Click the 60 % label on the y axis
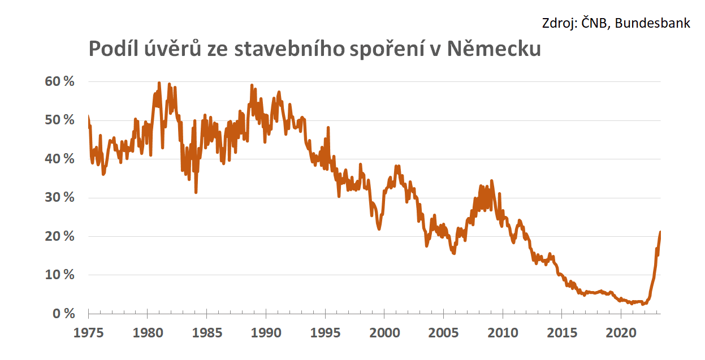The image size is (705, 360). (x=59, y=81)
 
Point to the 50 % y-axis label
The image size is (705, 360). (x=59, y=120)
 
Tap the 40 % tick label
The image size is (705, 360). (x=59, y=159)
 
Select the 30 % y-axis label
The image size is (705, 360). (x=59, y=198)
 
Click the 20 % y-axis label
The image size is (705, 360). (x=59, y=236)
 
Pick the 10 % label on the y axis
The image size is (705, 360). (x=59, y=275)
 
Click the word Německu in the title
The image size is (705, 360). (x=494, y=50)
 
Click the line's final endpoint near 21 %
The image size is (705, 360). (x=660, y=232)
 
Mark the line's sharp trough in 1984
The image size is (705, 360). (x=196, y=192)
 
